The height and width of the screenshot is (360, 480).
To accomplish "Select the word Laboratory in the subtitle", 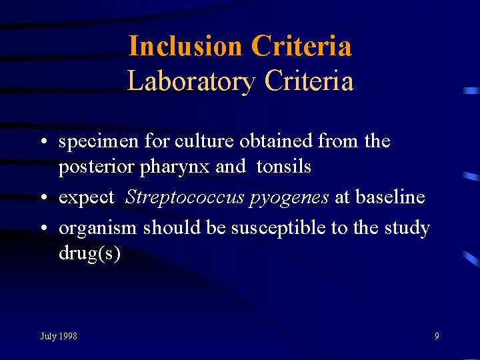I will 191,81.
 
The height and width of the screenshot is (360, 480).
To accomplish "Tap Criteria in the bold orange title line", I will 301,47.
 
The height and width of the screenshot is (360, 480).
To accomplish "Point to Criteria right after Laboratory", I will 309,81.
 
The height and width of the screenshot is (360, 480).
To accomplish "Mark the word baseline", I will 390,197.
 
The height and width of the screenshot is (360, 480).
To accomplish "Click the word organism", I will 97,229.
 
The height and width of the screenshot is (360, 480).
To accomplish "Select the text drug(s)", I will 89,255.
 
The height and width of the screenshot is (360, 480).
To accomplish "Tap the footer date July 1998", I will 59,336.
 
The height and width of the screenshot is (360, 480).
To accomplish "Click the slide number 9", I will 437,336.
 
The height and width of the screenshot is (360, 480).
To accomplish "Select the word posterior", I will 97,167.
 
